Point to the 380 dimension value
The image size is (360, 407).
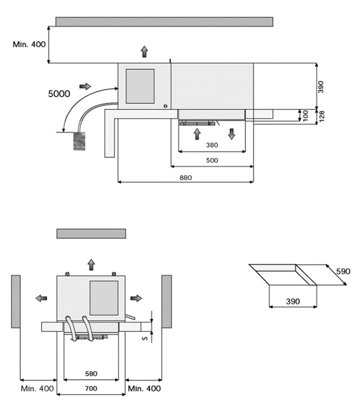213,145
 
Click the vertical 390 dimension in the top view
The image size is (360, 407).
321,86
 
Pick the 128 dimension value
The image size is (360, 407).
322,116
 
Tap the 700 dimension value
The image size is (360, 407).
91,388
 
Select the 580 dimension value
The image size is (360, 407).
91,374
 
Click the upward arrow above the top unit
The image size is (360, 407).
144,52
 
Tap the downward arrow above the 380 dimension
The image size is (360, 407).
231,133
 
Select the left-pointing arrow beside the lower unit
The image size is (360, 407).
41,298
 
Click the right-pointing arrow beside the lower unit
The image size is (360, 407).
136,298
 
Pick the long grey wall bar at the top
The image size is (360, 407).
164,22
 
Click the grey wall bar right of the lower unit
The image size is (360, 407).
166,301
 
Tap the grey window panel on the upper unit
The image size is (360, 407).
140,86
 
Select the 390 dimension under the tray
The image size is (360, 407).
293,302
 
